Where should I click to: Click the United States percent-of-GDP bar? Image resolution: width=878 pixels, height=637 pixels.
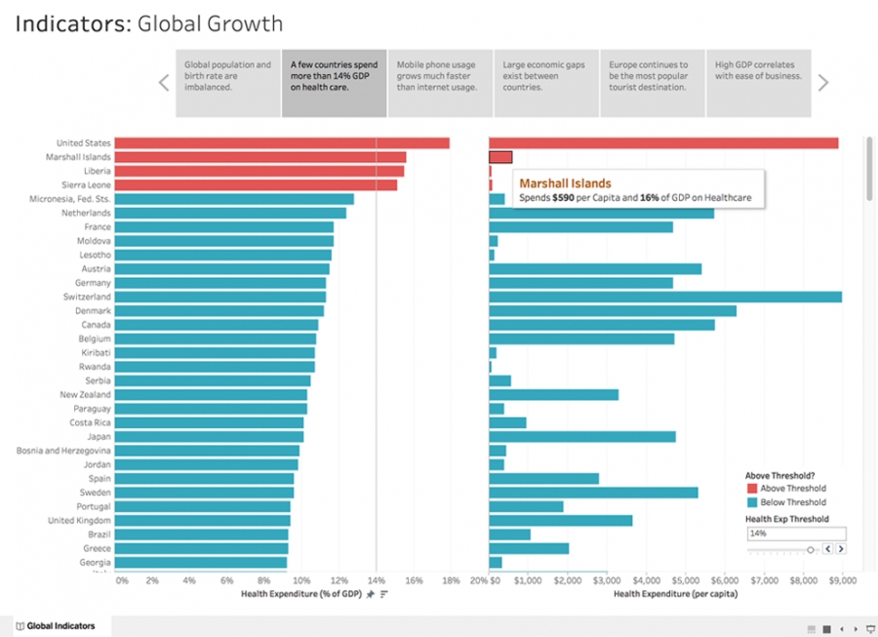pos(283,143)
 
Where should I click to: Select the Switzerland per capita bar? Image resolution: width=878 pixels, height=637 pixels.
pos(664,297)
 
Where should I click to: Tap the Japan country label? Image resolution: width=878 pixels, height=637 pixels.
pos(97,437)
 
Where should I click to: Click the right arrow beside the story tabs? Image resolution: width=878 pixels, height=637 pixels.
pos(823,83)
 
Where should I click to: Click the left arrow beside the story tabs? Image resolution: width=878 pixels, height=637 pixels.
pos(164,83)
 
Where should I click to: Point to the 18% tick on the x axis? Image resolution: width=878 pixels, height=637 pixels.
pos(451,580)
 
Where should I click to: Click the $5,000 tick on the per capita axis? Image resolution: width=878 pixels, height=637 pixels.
pos(685,580)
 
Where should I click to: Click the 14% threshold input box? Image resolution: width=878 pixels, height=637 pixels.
pos(795,534)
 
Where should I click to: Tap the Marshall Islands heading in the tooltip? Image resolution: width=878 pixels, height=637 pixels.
pos(565,183)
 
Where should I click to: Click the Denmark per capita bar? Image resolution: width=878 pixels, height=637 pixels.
pos(612,311)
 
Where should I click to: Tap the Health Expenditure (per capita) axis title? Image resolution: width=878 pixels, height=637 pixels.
pos(675,593)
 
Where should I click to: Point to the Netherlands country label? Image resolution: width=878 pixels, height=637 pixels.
pos(86,213)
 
